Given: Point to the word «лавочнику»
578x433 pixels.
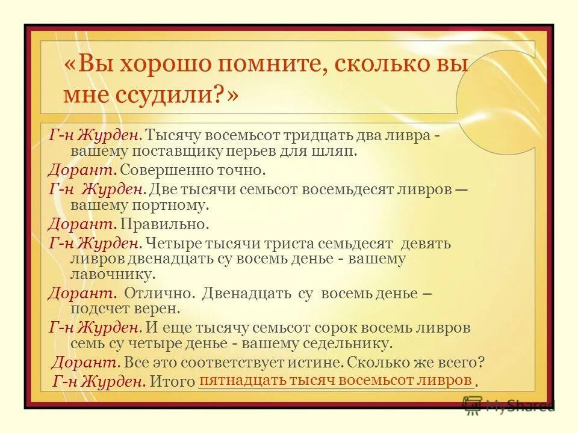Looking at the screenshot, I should coord(113,274).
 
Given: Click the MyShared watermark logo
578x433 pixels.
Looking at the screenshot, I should coord(509,405).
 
